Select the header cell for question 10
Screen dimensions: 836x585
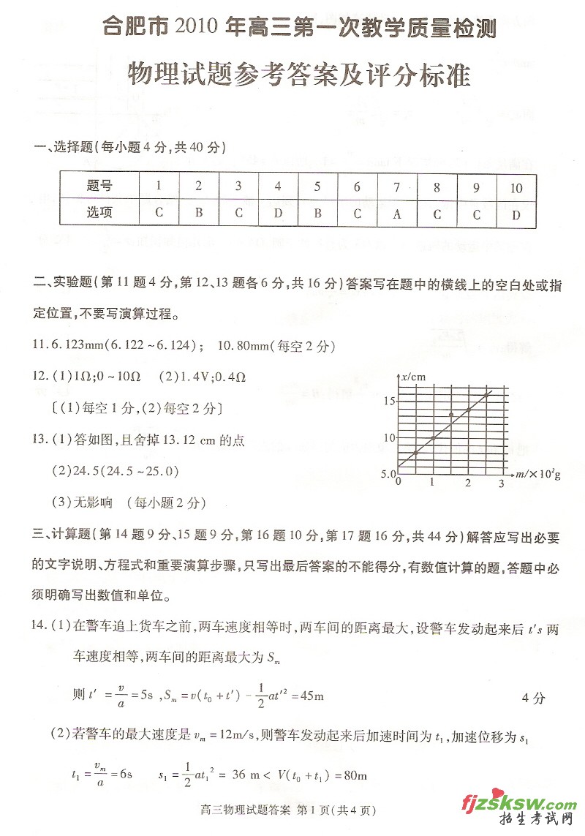coord(516,188)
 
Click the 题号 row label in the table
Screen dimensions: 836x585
coord(99,188)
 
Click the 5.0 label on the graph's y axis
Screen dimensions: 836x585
coord(388,475)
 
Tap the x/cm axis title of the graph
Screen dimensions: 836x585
coord(413,377)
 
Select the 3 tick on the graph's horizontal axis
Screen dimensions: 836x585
coord(502,483)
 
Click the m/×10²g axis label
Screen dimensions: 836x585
coord(537,475)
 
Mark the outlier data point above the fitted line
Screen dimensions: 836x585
coord(451,415)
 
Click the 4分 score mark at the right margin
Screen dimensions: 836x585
coord(533,698)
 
